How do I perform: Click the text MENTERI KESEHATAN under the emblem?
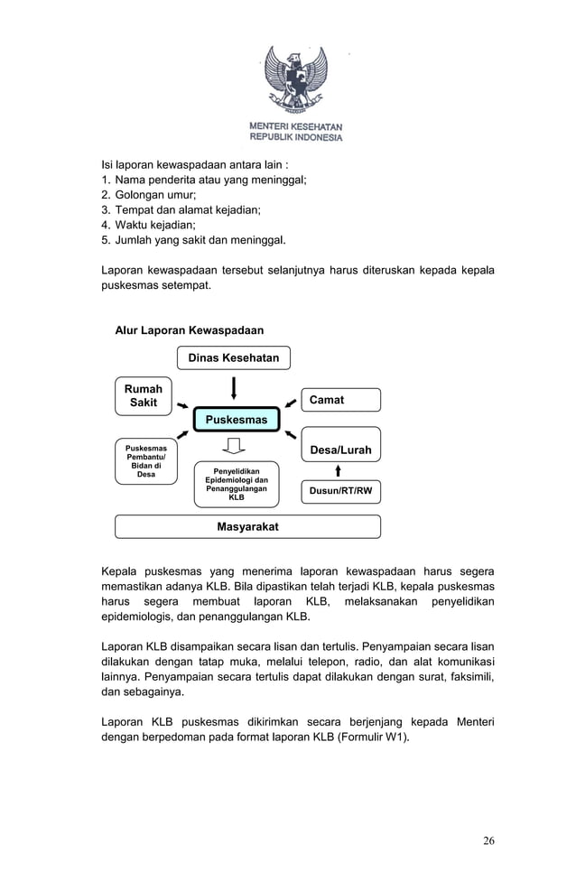(296, 126)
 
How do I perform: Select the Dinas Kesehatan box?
(233, 358)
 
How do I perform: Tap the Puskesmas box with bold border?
(237, 420)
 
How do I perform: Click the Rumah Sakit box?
(143, 396)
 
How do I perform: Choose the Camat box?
(339, 400)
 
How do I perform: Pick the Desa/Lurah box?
(340, 450)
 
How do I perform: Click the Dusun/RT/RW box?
(340, 491)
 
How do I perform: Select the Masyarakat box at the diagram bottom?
(247, 526)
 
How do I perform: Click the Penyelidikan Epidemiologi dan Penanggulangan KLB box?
(237, 484)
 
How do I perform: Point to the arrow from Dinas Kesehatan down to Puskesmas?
(235, 387)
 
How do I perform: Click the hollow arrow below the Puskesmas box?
(235, 447)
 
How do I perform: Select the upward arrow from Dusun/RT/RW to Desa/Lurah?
(338, 470)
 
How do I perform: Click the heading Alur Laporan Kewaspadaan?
(190, 330)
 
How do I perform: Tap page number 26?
(488, 841)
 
